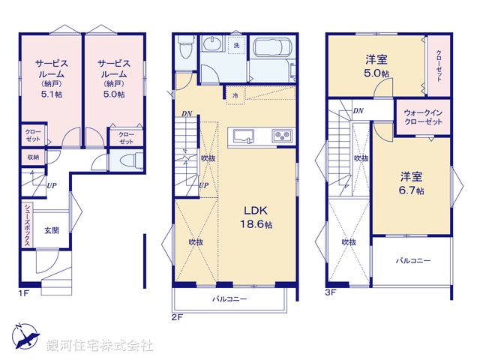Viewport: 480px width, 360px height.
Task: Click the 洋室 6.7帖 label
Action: tap(410, 184)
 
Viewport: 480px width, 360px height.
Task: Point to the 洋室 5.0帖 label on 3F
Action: tap(376, 66)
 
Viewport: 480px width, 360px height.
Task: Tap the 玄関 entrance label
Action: tap(51, 230)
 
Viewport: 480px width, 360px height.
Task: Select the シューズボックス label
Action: tap(27, 222)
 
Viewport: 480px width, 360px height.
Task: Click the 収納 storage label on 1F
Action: tap(34, 157)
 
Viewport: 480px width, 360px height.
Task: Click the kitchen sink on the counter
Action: tap(243, 136)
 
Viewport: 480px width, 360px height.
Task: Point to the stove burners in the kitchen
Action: tap(282, 136)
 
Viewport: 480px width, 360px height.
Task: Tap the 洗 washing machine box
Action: tap(235, 46)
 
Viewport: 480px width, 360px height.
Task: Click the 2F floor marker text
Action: tap(177, 316)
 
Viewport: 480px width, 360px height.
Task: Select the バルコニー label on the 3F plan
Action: tap(413, 261)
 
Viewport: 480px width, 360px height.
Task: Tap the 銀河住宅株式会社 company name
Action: tap(100, 346)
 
